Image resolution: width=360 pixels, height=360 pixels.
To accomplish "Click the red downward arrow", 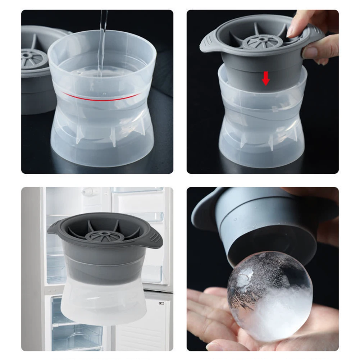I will [x=266, y=78].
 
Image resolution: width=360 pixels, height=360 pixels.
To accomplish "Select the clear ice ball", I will [x=270, y=295].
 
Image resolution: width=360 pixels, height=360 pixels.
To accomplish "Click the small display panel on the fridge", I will [x=161, y=303].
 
